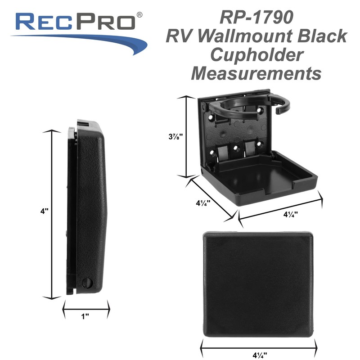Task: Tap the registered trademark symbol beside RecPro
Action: [x=140, y=15]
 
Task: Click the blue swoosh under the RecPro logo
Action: [x=90, y=41]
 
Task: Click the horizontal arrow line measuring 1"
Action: [x=85, y=309]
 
